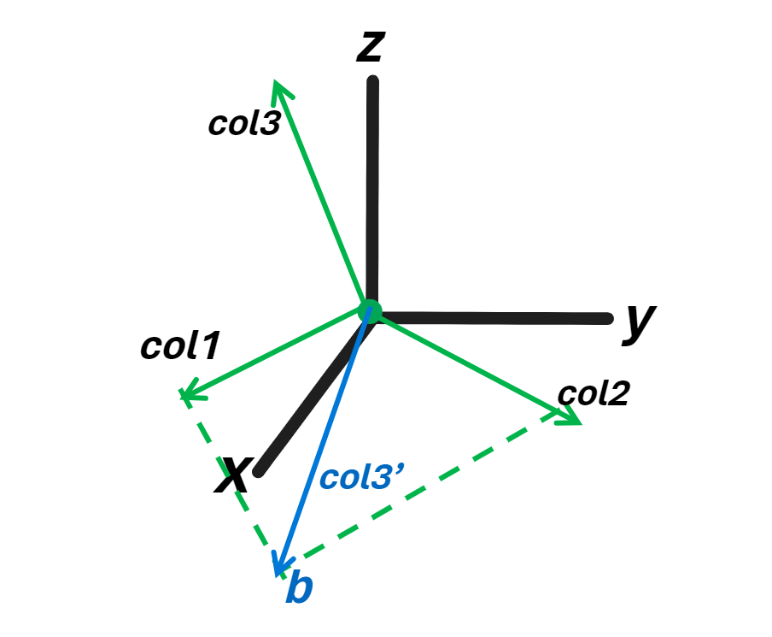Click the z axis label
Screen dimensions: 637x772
tap(368, 48)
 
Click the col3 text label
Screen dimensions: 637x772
tap(243, 123)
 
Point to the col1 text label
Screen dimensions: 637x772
tap(180, 345)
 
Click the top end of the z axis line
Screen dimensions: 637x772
tap(372, 82)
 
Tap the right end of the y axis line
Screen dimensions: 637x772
tap(607, 319)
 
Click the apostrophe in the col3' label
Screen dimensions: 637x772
tap(389, 469)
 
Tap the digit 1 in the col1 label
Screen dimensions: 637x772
tap(210, 345)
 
